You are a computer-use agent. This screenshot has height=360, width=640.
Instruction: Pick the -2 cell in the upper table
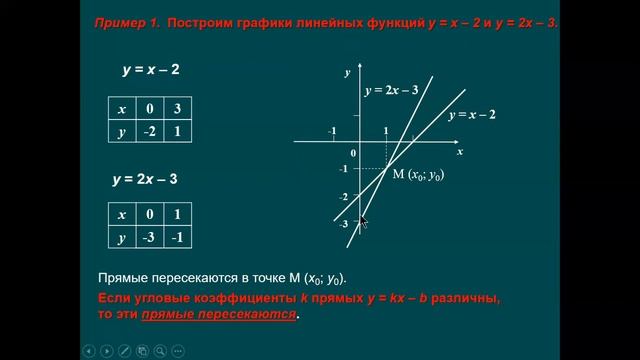coord(147,132)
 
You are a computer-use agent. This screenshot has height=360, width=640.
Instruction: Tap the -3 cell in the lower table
coord(147,237)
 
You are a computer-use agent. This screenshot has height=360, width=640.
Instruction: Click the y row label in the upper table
coord(122,132)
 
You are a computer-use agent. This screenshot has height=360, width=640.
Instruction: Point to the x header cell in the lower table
coord(122,214)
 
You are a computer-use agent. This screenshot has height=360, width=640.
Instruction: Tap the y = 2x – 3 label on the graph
coord(391,90)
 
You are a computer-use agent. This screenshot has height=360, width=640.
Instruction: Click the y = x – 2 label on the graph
coord(472,116)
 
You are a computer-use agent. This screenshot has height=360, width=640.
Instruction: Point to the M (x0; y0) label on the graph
coord(418,175)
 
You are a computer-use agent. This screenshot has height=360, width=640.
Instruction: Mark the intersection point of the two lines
coord(386,167)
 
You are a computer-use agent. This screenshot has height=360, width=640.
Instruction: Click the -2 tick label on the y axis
coord(343,197)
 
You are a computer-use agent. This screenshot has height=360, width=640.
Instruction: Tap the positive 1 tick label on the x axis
coord(386,132)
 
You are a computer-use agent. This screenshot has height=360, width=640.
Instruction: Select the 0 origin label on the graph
coord(351,152)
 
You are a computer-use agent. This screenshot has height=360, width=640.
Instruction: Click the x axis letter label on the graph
coord(460,153)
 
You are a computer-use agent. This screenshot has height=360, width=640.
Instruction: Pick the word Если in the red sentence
coord(115,299)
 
